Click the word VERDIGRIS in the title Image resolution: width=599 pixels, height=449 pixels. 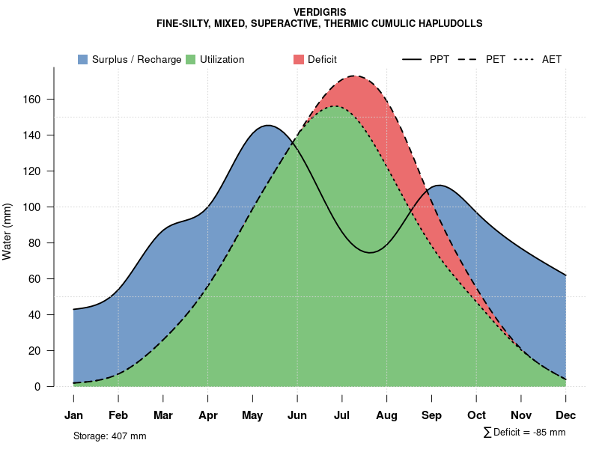coord(320,12)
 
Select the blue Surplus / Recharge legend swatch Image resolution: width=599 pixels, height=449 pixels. coord(82,59)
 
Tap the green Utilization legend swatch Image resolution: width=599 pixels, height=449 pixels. coord(190,59)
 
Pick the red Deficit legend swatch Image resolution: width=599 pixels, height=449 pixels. coord(299,59)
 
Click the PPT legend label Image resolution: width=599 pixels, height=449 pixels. coord(440,59)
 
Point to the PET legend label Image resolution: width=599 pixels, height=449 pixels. coord(495,59)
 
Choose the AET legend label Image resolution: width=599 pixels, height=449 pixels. coord(552,59)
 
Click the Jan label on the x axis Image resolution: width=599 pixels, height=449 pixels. coord(73,415)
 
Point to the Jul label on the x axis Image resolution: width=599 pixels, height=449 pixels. coord(342,415)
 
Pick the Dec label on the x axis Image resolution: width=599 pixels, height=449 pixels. coord(566,415)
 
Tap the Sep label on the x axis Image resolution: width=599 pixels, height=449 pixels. coord(432,415)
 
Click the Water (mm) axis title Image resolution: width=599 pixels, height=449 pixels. coord(7,231)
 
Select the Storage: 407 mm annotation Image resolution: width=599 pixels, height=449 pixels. coord(109,436)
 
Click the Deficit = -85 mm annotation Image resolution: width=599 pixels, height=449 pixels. coord(529,432)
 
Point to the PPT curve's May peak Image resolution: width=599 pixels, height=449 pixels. coord(267,125)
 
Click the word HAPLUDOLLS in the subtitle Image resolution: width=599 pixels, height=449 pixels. coord(450,23)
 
